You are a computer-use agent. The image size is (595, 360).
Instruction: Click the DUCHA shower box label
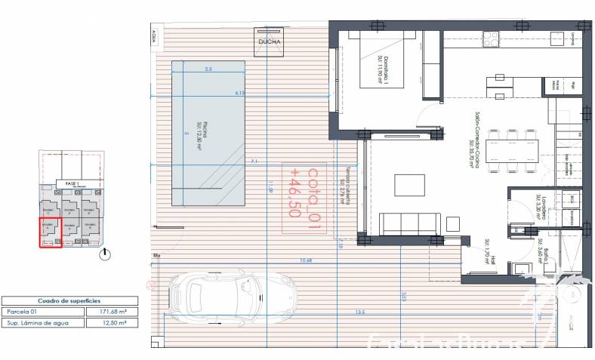click(x=270, y=42)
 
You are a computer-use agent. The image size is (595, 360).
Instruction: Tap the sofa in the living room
click(x=408, y=223)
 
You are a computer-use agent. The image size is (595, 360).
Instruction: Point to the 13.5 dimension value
click(x=360, y=312)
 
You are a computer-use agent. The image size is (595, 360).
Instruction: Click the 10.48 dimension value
click(x=306, y=260)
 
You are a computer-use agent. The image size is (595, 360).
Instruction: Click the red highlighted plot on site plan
click(x=49, y=232)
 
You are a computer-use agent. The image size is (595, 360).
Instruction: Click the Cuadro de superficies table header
click(x=69, y=300)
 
